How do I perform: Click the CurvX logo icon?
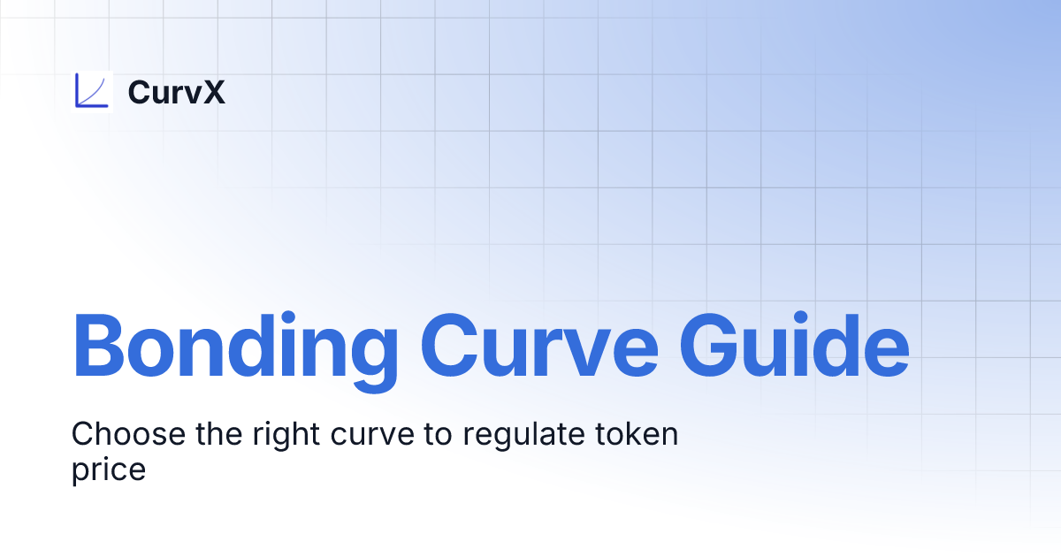tap(93, 91)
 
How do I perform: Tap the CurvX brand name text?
tap(176, 92)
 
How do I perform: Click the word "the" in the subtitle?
tap(213, 435)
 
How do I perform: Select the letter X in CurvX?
tap(213, 92)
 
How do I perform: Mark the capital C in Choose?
tap(84, 434)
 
